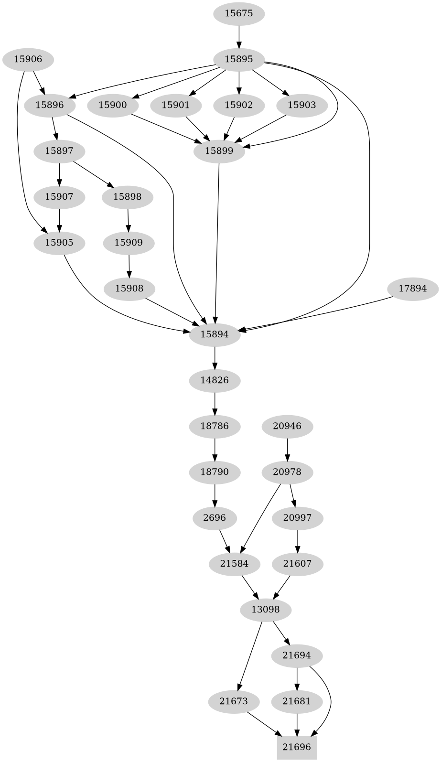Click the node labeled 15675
(238, 13)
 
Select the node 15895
(238, 59)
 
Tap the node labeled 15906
(28, 59)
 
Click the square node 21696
(297, 747)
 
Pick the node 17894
(412, 289)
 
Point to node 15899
(219, 151)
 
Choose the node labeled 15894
(215, 334)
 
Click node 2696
(215, 518)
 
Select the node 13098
(265, 610)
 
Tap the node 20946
(287, 426)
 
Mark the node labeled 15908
(129, 289)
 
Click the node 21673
(234, 701)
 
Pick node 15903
(302, 105)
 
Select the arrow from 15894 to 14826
(215, 357)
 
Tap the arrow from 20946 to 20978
(287, 449)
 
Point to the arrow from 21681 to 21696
(297, 724)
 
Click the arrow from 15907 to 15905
(59, 220)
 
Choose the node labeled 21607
(297, 564)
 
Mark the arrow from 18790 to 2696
(215, 495)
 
